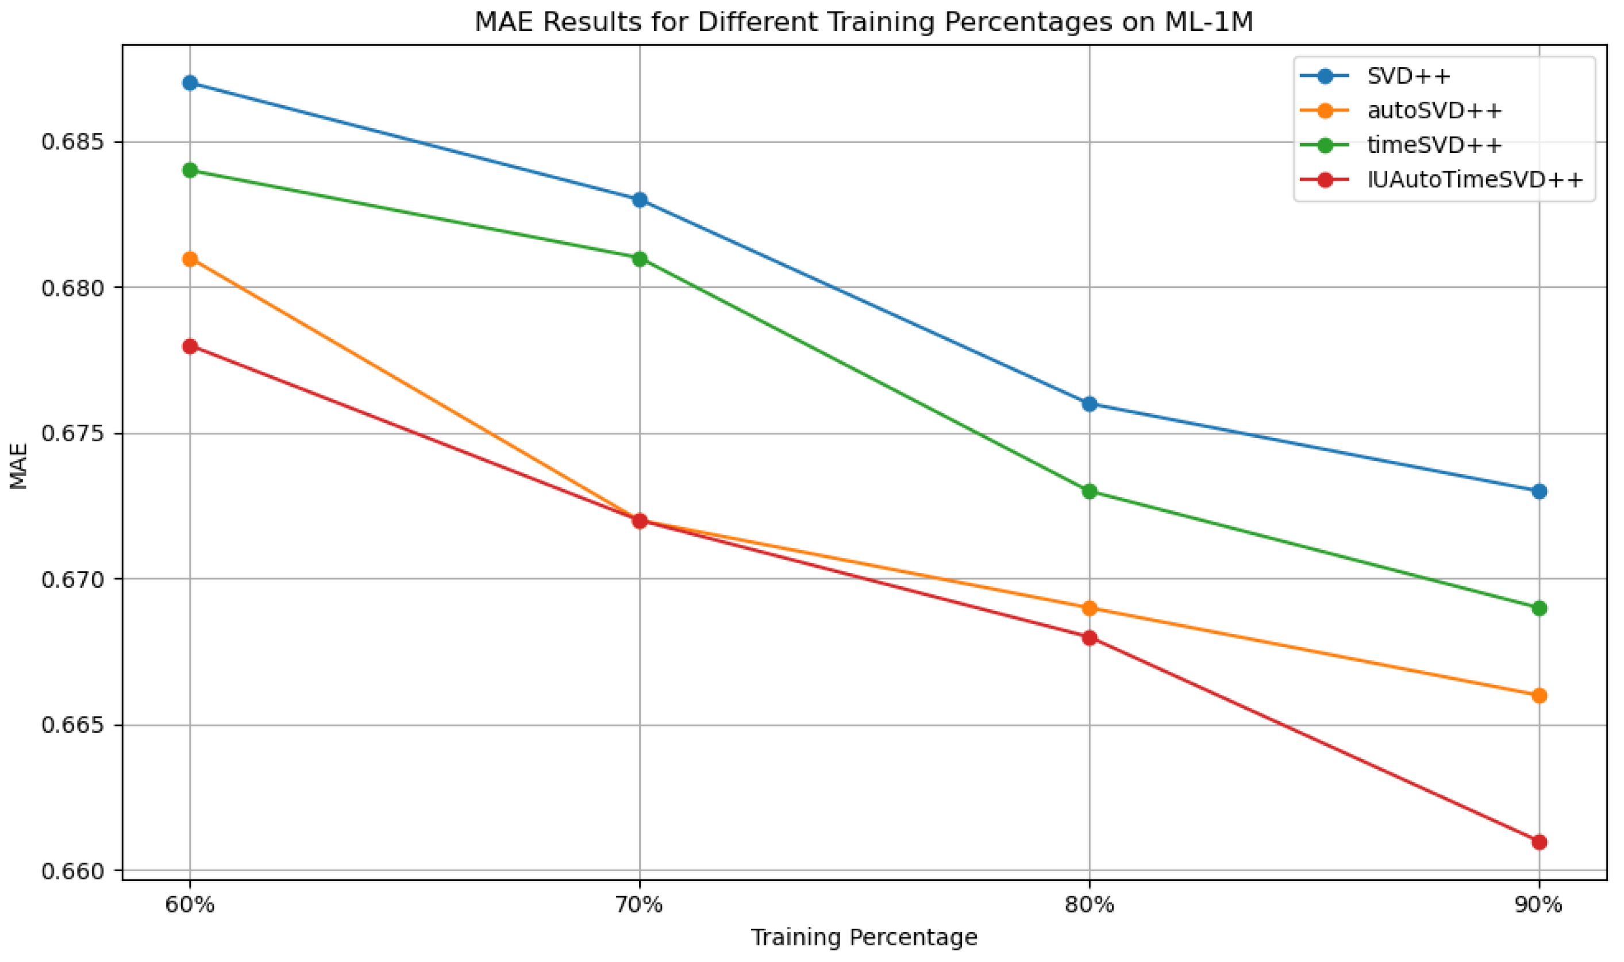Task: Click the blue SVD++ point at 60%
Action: pyautogui.click(x=190, y=83)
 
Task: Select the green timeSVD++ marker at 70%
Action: pyautogui.click(x=640, y=259)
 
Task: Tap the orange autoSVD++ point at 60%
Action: pyautogui.click(x=190, y=259)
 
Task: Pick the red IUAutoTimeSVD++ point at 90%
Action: pyautogui.click(x=1540, y=842)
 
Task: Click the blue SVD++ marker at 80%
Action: pyautogui.click(x=1090, y=405)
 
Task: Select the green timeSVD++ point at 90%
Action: pyautogui.click(x=1540, y=609)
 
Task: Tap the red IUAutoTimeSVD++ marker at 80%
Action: pyautogui.click(x=1090, y=638)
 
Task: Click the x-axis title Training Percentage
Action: pyautogui.click(x=864, y=938)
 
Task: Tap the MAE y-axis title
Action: pyautogui.click(x=19, y=465)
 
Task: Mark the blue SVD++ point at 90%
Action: pyautogui.click(x=1540, y=491)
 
